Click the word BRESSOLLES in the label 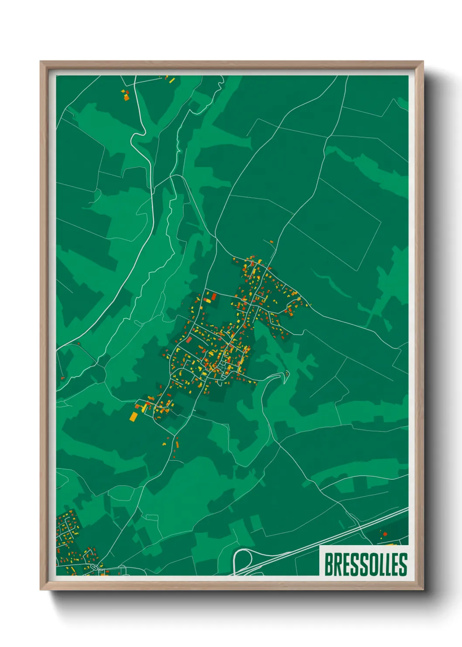pos(365,564)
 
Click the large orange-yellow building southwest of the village pos(133,416)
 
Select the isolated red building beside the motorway pos(385,534)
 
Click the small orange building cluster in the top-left pos(125,95)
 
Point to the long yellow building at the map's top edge pos(171,80)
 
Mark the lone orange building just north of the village pos(271,241)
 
